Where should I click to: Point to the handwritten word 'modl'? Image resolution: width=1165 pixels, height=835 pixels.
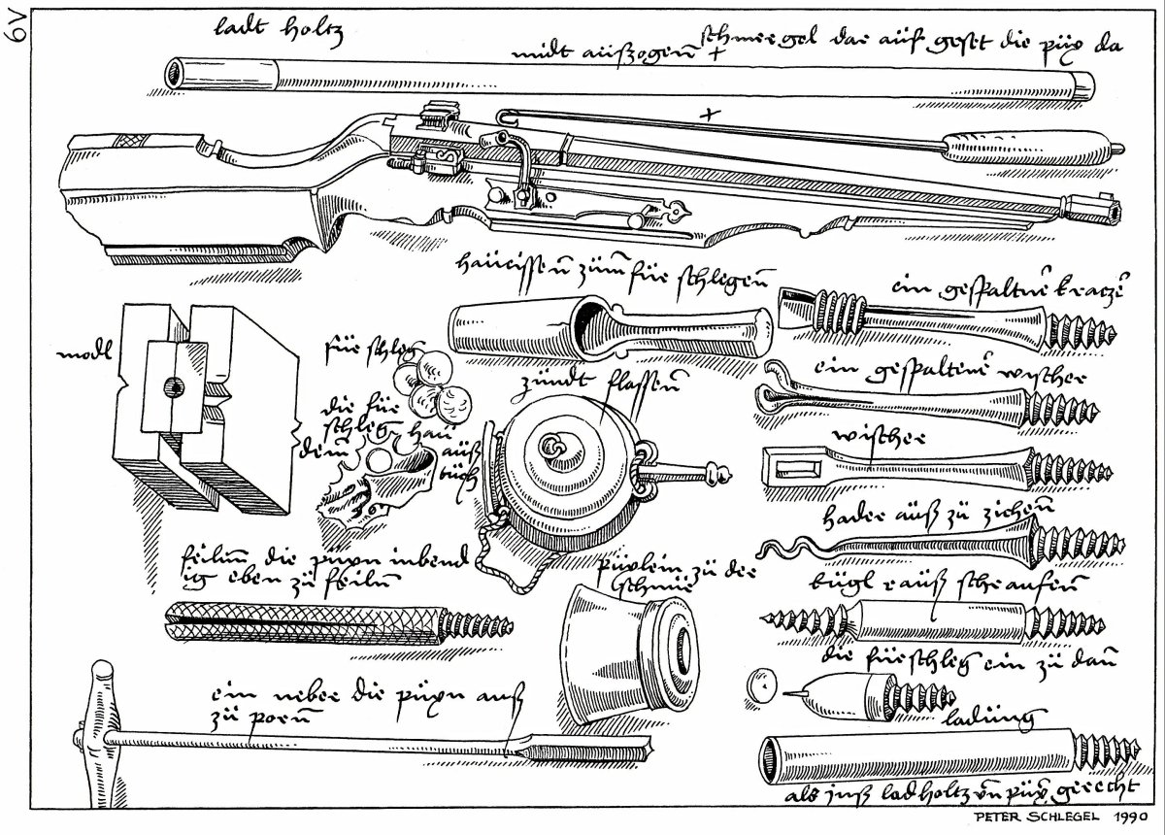click(x=82, y=355)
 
